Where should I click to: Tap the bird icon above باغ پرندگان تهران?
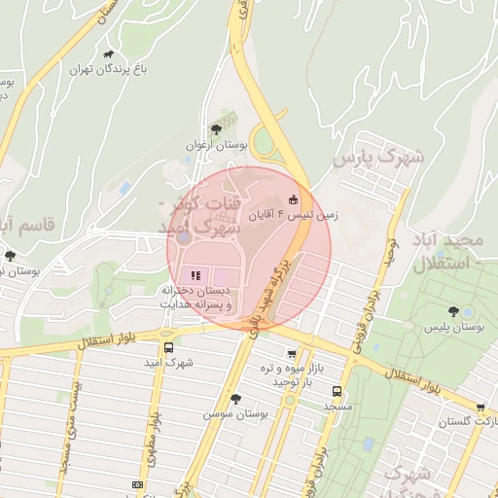pos(107,54)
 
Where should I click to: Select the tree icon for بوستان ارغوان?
pos(215,129)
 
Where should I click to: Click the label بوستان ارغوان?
pos(218,145)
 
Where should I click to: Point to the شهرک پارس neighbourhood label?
pos(379,157)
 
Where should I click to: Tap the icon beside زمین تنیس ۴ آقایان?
pos(294,199)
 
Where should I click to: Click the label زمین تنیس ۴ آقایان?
pos(295,214)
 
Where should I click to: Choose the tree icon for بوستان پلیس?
pos(453,311)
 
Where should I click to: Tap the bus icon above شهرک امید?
pos(169,347)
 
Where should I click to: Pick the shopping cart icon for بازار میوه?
pos(293,353)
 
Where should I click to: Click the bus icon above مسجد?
pos(338,391)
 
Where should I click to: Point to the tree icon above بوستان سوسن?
pos(235,398)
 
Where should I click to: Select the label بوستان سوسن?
pos(235,413)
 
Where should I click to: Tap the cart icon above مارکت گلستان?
pos(480,407)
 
